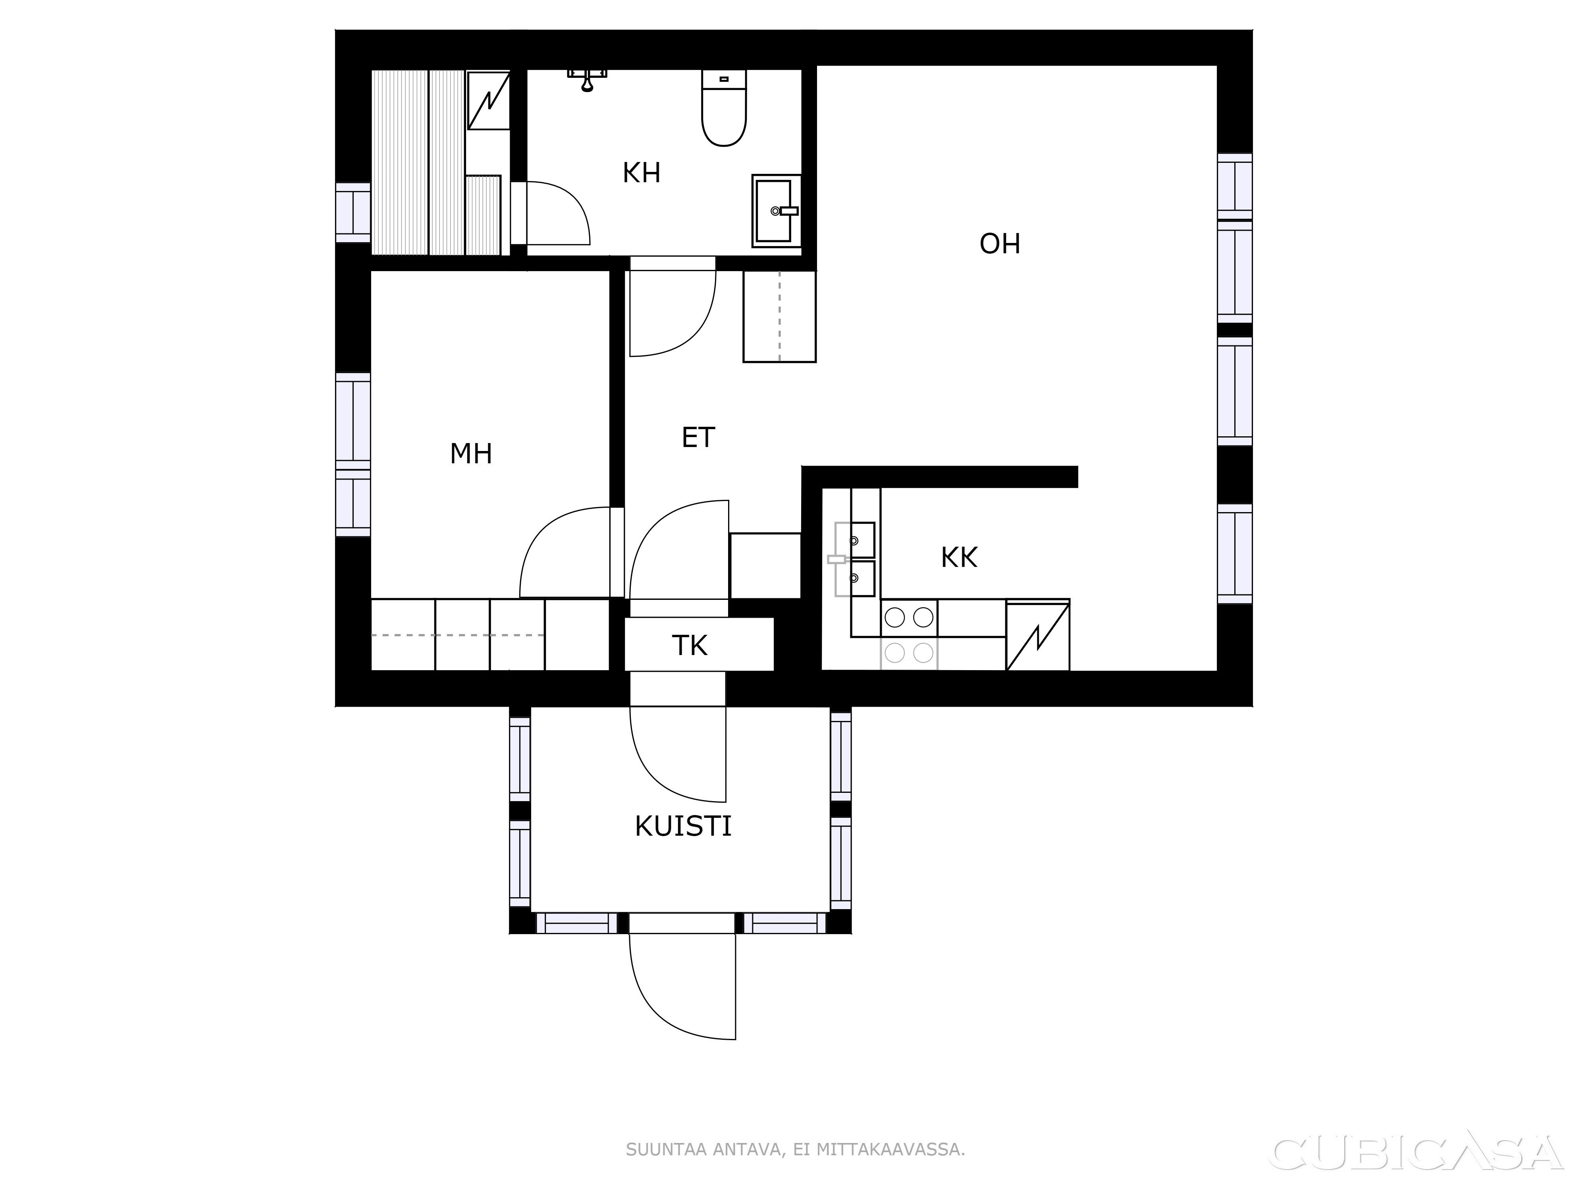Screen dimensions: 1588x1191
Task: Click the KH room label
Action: point(641,173)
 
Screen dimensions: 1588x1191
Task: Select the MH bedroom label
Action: point(471,454)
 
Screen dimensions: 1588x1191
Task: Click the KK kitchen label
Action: point(959,558)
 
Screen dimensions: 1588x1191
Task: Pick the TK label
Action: point(690,646)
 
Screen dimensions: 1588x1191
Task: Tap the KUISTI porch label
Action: point(683,827)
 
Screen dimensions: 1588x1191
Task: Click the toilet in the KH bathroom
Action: point(725,108)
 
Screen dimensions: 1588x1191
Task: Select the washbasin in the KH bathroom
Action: point(776,210)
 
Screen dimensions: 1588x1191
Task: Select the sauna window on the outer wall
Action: point(353,212)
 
